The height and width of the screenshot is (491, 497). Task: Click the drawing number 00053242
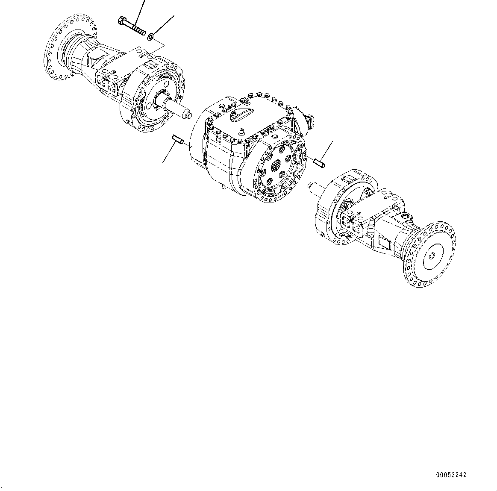(x=451, y=475)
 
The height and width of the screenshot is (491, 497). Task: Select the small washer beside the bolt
(x=151, y=38)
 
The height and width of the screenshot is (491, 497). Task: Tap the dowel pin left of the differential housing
(x=177, y=139)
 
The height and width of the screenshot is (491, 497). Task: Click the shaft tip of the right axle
(x=311, y=185)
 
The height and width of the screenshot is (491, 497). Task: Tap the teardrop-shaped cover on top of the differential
(x=236, y=115)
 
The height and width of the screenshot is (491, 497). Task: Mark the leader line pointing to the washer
(x=165, y=25)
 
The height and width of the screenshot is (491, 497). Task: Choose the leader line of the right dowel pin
(x=327, y=150)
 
